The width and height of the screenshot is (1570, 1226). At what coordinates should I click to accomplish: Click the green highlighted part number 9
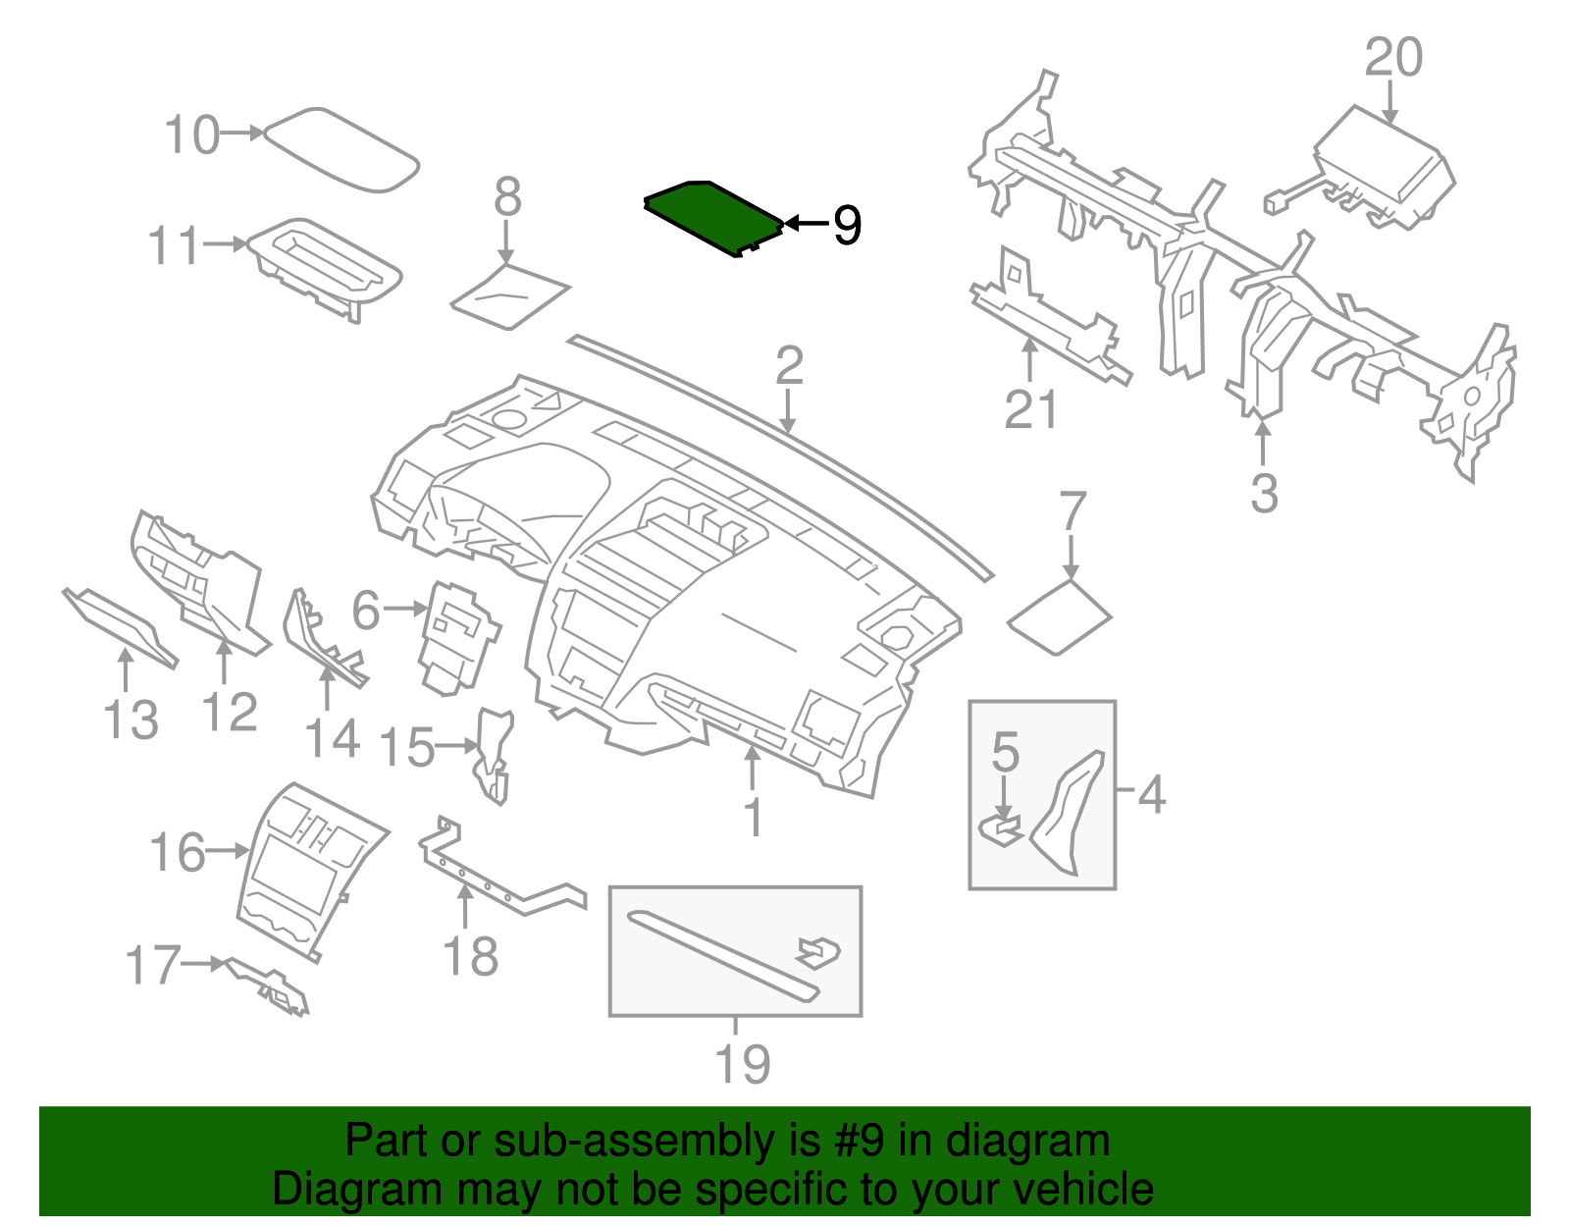point(711,216)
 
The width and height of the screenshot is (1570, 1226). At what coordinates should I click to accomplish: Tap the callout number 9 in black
point(847,225)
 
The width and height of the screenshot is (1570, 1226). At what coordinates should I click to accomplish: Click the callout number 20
point(1392,58)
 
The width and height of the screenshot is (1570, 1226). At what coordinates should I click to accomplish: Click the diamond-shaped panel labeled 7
point(1060,618)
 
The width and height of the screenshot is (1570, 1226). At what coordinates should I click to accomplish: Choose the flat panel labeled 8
point(510,295)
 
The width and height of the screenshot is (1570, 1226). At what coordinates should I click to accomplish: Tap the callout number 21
point(1030,409)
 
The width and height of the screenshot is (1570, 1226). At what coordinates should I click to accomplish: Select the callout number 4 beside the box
point(1152,794)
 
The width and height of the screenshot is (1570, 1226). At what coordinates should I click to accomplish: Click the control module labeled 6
point(456,638)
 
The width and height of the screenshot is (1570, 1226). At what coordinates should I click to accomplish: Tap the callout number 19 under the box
point(742,1064)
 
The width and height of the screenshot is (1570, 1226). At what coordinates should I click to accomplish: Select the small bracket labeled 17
point(270,986)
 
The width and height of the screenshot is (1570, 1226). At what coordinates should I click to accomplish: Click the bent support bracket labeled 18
point(500,879)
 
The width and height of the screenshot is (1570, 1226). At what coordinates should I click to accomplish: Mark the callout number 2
point(789,366)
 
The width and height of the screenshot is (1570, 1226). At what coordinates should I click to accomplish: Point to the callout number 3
point(1264,493)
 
